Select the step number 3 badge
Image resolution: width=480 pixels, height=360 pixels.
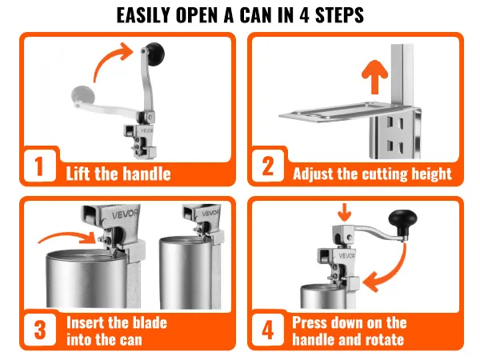point(40,330)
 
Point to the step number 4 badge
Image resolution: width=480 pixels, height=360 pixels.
point(268,330)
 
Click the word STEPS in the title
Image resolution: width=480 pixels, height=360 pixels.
point(339,15)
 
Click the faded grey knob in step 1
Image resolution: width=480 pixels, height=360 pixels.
point(82,95)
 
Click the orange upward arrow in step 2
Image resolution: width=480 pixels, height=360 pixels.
point(374,77)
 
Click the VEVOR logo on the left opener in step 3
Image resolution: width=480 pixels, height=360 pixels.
point(125,214)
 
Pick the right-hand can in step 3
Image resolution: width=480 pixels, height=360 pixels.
point(186,272)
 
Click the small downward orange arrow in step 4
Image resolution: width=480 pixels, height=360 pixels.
point(345,212)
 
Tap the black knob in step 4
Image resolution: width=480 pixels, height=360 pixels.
point(402,221)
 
